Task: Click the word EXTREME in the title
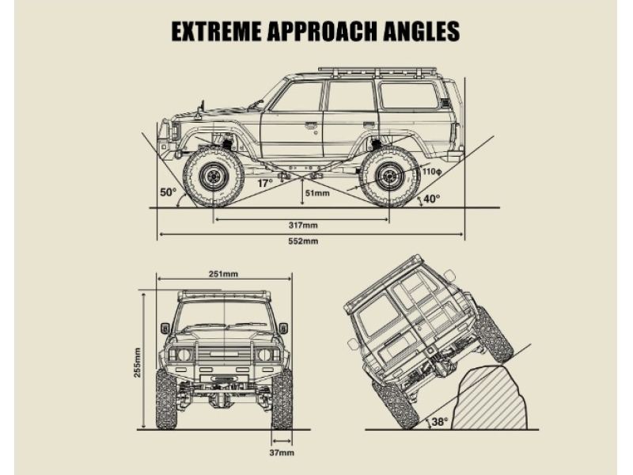click(216, 31)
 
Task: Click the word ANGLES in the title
click(422, 31)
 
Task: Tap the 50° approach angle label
click(169, 192)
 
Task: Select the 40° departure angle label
click(431, 199)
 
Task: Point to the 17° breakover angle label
click(265, 184)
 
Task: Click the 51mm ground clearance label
click(317, 193)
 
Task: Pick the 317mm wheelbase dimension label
click(303, 225)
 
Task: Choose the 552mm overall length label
click(303, 241)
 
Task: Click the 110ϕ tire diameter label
click(432, 172)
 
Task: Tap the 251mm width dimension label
click(223, 274)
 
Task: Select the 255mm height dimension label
click(137, 363)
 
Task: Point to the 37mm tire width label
click(282, 453)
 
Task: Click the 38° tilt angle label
click(440, 422)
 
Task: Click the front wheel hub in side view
click(212, 176)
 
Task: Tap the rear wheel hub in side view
click(389, 176)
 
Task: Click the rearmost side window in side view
click(409, 95)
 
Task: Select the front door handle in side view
click(310, 126)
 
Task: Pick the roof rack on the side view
click(377, 72)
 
